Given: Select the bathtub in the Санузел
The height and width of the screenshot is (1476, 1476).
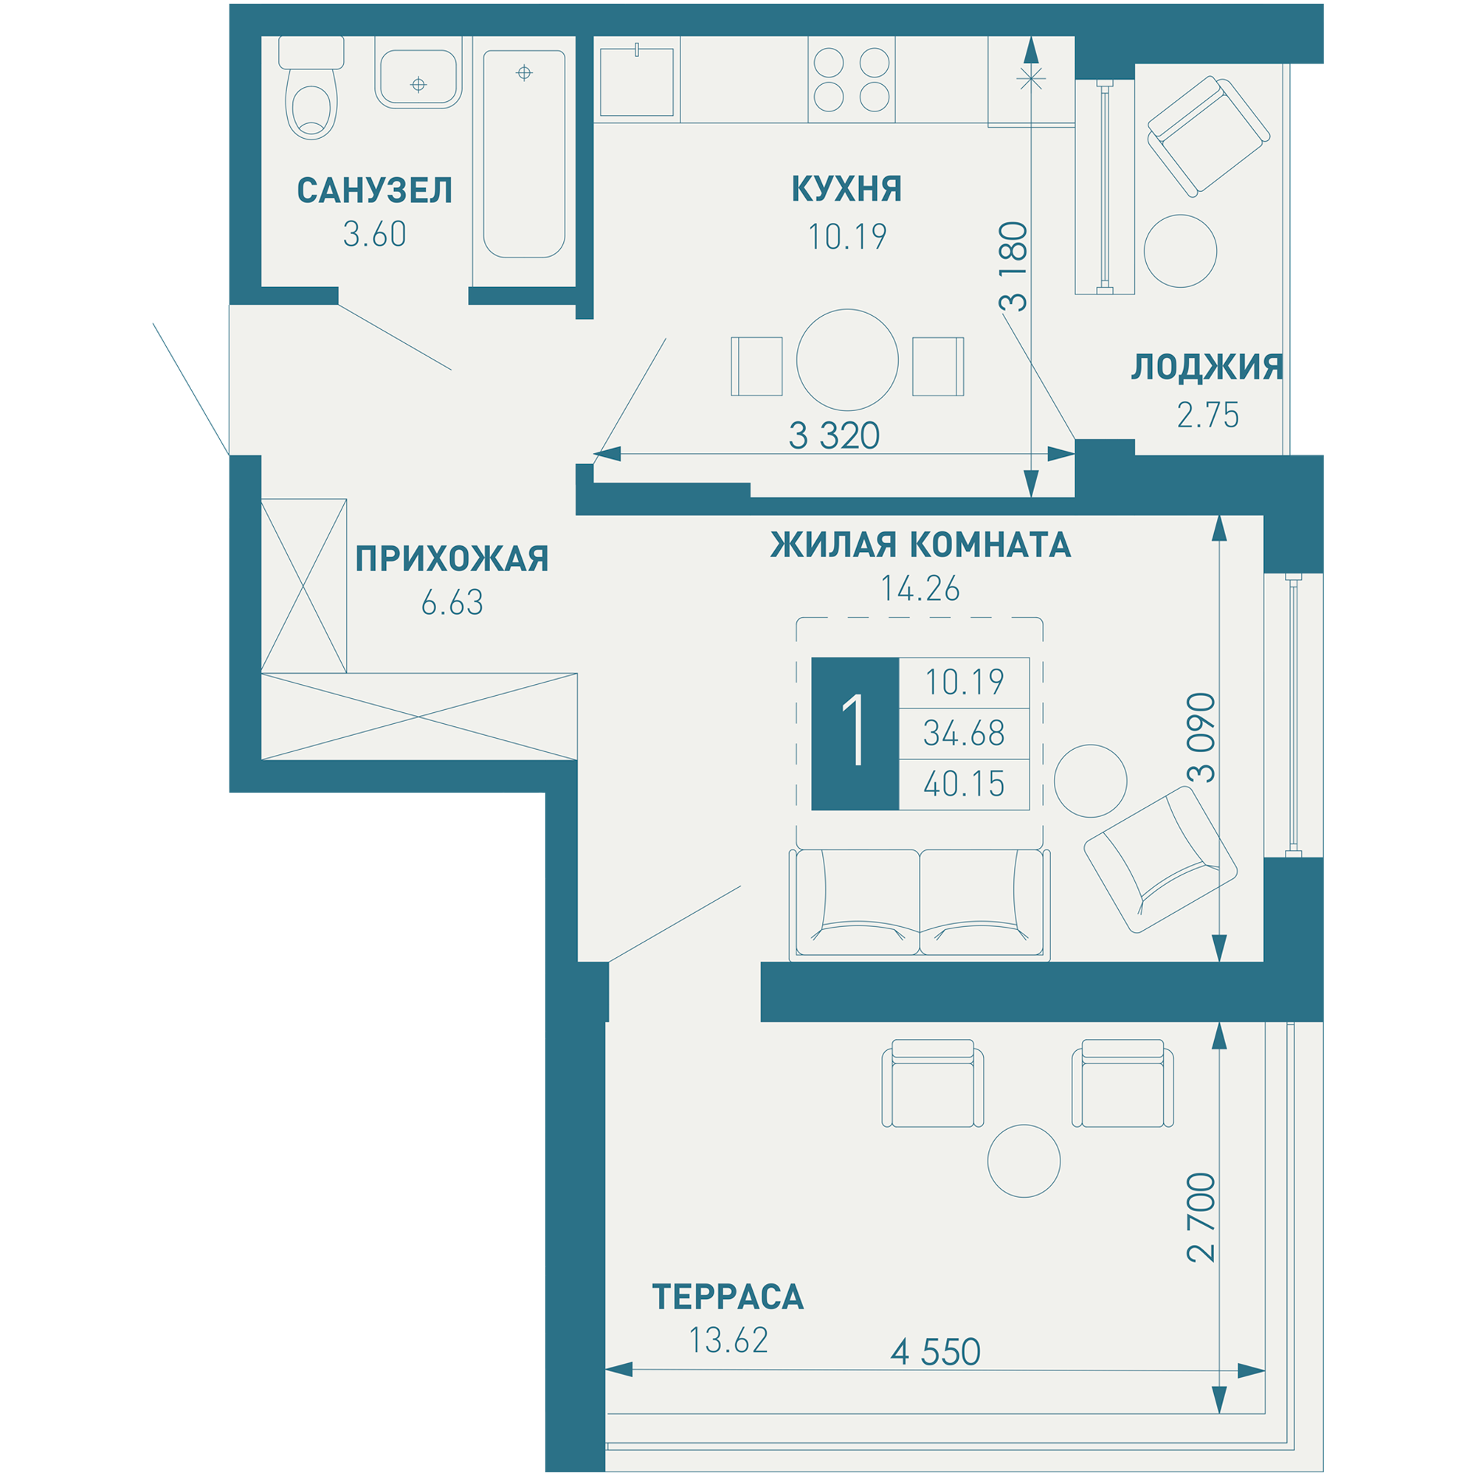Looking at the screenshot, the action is [x=524, y=154].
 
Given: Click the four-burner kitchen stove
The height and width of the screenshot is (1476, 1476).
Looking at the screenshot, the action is [x=852, y=80].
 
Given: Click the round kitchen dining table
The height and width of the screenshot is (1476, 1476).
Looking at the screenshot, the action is [x=847, y=360].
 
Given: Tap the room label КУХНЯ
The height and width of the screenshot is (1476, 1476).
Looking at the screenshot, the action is [x=846, y=189].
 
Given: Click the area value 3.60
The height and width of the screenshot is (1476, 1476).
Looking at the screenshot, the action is [x=374, y=235].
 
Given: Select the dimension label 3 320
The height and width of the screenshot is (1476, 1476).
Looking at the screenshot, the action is [x=834, y=435].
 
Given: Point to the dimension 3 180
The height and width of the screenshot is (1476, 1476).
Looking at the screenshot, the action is [x=1015, y=266].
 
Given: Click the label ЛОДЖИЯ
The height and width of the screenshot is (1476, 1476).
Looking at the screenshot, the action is [x=1207, y=367].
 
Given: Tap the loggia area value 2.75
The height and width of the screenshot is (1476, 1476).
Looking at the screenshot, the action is [x=1208, y=415].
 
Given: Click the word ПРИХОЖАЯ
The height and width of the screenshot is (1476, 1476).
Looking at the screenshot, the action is [x=452, y=559].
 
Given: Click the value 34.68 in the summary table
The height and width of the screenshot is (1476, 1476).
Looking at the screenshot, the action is [x=964, y=734].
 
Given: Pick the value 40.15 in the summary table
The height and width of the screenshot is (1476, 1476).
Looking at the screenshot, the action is [x=964, y=784].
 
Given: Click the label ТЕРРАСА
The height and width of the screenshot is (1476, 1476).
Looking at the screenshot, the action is [x=728, y=1297].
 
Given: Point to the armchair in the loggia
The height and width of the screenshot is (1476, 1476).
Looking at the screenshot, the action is [x=1209, y=136].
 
